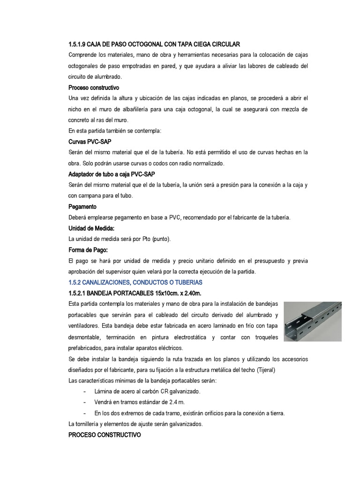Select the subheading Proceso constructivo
coord(94,87)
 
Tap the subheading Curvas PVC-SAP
coord(90,141)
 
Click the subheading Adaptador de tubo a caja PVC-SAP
coord(112,174)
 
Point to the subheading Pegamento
coord(82,206)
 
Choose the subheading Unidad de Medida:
coord(91,228)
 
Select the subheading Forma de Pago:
coord(88,249)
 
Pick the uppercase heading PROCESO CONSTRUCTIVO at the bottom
coord(105,435)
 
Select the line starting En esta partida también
coord(114,131)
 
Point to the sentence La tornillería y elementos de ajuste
coord(135,424)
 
